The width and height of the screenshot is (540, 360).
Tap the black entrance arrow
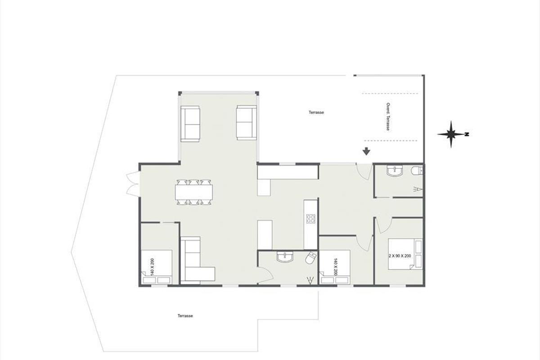pyautogui.click(x=366, y=151)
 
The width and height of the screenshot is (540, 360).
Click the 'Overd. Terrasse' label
pyautogui.click(x=388, y=117)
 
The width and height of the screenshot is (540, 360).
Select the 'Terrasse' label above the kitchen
pyautogui.click(x=316, y=112)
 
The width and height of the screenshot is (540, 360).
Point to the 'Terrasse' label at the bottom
pyautogui.click(x=185, y=315)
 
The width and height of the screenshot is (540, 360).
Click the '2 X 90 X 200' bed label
pyautogui.click(x=400, y=256)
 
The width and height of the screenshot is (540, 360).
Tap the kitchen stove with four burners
pyautogui.click(x=310, y=218)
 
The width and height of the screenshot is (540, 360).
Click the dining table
pyautogui.click(x=194, y=192)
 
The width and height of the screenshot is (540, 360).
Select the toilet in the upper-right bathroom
pyautogui.click(x=417, y=171)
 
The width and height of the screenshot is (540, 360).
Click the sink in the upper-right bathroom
pyautogui.click(x=394, y=170)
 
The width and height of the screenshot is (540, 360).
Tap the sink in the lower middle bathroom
pyautogui.click(x=285, y=257)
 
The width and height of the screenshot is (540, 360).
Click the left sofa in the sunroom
pyautogui.click(x=190, y=123)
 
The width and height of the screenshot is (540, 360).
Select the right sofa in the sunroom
pyautogui.click(x=247, y=122)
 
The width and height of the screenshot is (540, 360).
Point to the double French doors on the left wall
pyautogui.click(x=133, y=184)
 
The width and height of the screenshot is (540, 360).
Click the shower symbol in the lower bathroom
pyautogui.click(x=310, y=280)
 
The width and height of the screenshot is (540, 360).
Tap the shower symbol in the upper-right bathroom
pyautogui.click(x=418, y=189)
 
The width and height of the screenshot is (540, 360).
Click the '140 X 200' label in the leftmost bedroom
pyautogui.click(x=152, y=267)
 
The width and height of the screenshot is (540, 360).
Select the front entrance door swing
pyautogui.click(x=364, y=171)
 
